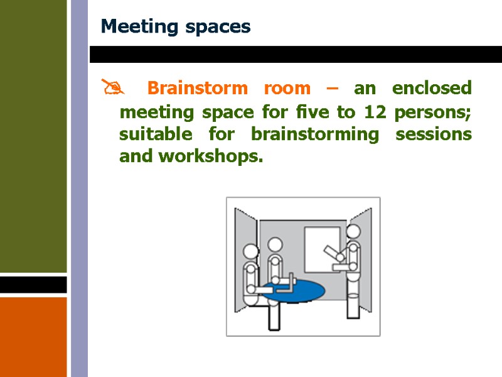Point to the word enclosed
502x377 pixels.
432,88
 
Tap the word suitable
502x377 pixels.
155,134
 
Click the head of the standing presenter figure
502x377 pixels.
355,232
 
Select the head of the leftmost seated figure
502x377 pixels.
250,252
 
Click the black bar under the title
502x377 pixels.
295,54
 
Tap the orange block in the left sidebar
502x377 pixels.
33,336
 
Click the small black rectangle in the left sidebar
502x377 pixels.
33,285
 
